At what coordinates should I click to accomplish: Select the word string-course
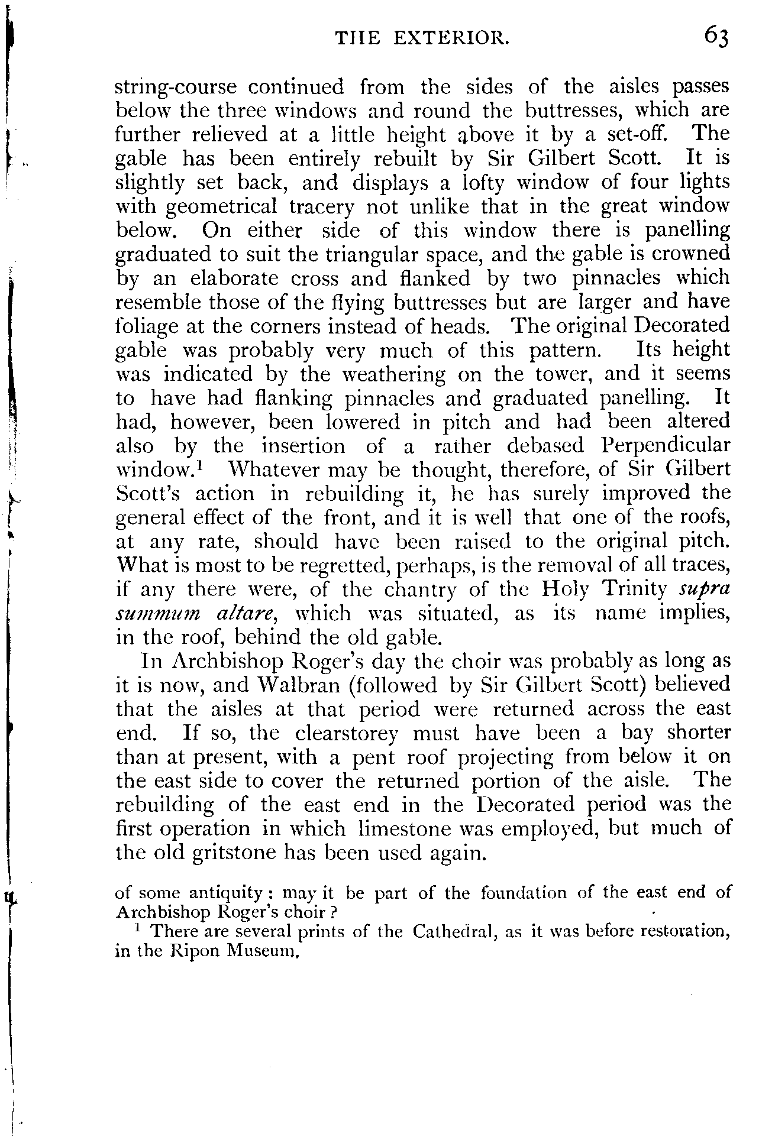tap(175, 88)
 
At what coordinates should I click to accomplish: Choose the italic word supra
tap(706, 590)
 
